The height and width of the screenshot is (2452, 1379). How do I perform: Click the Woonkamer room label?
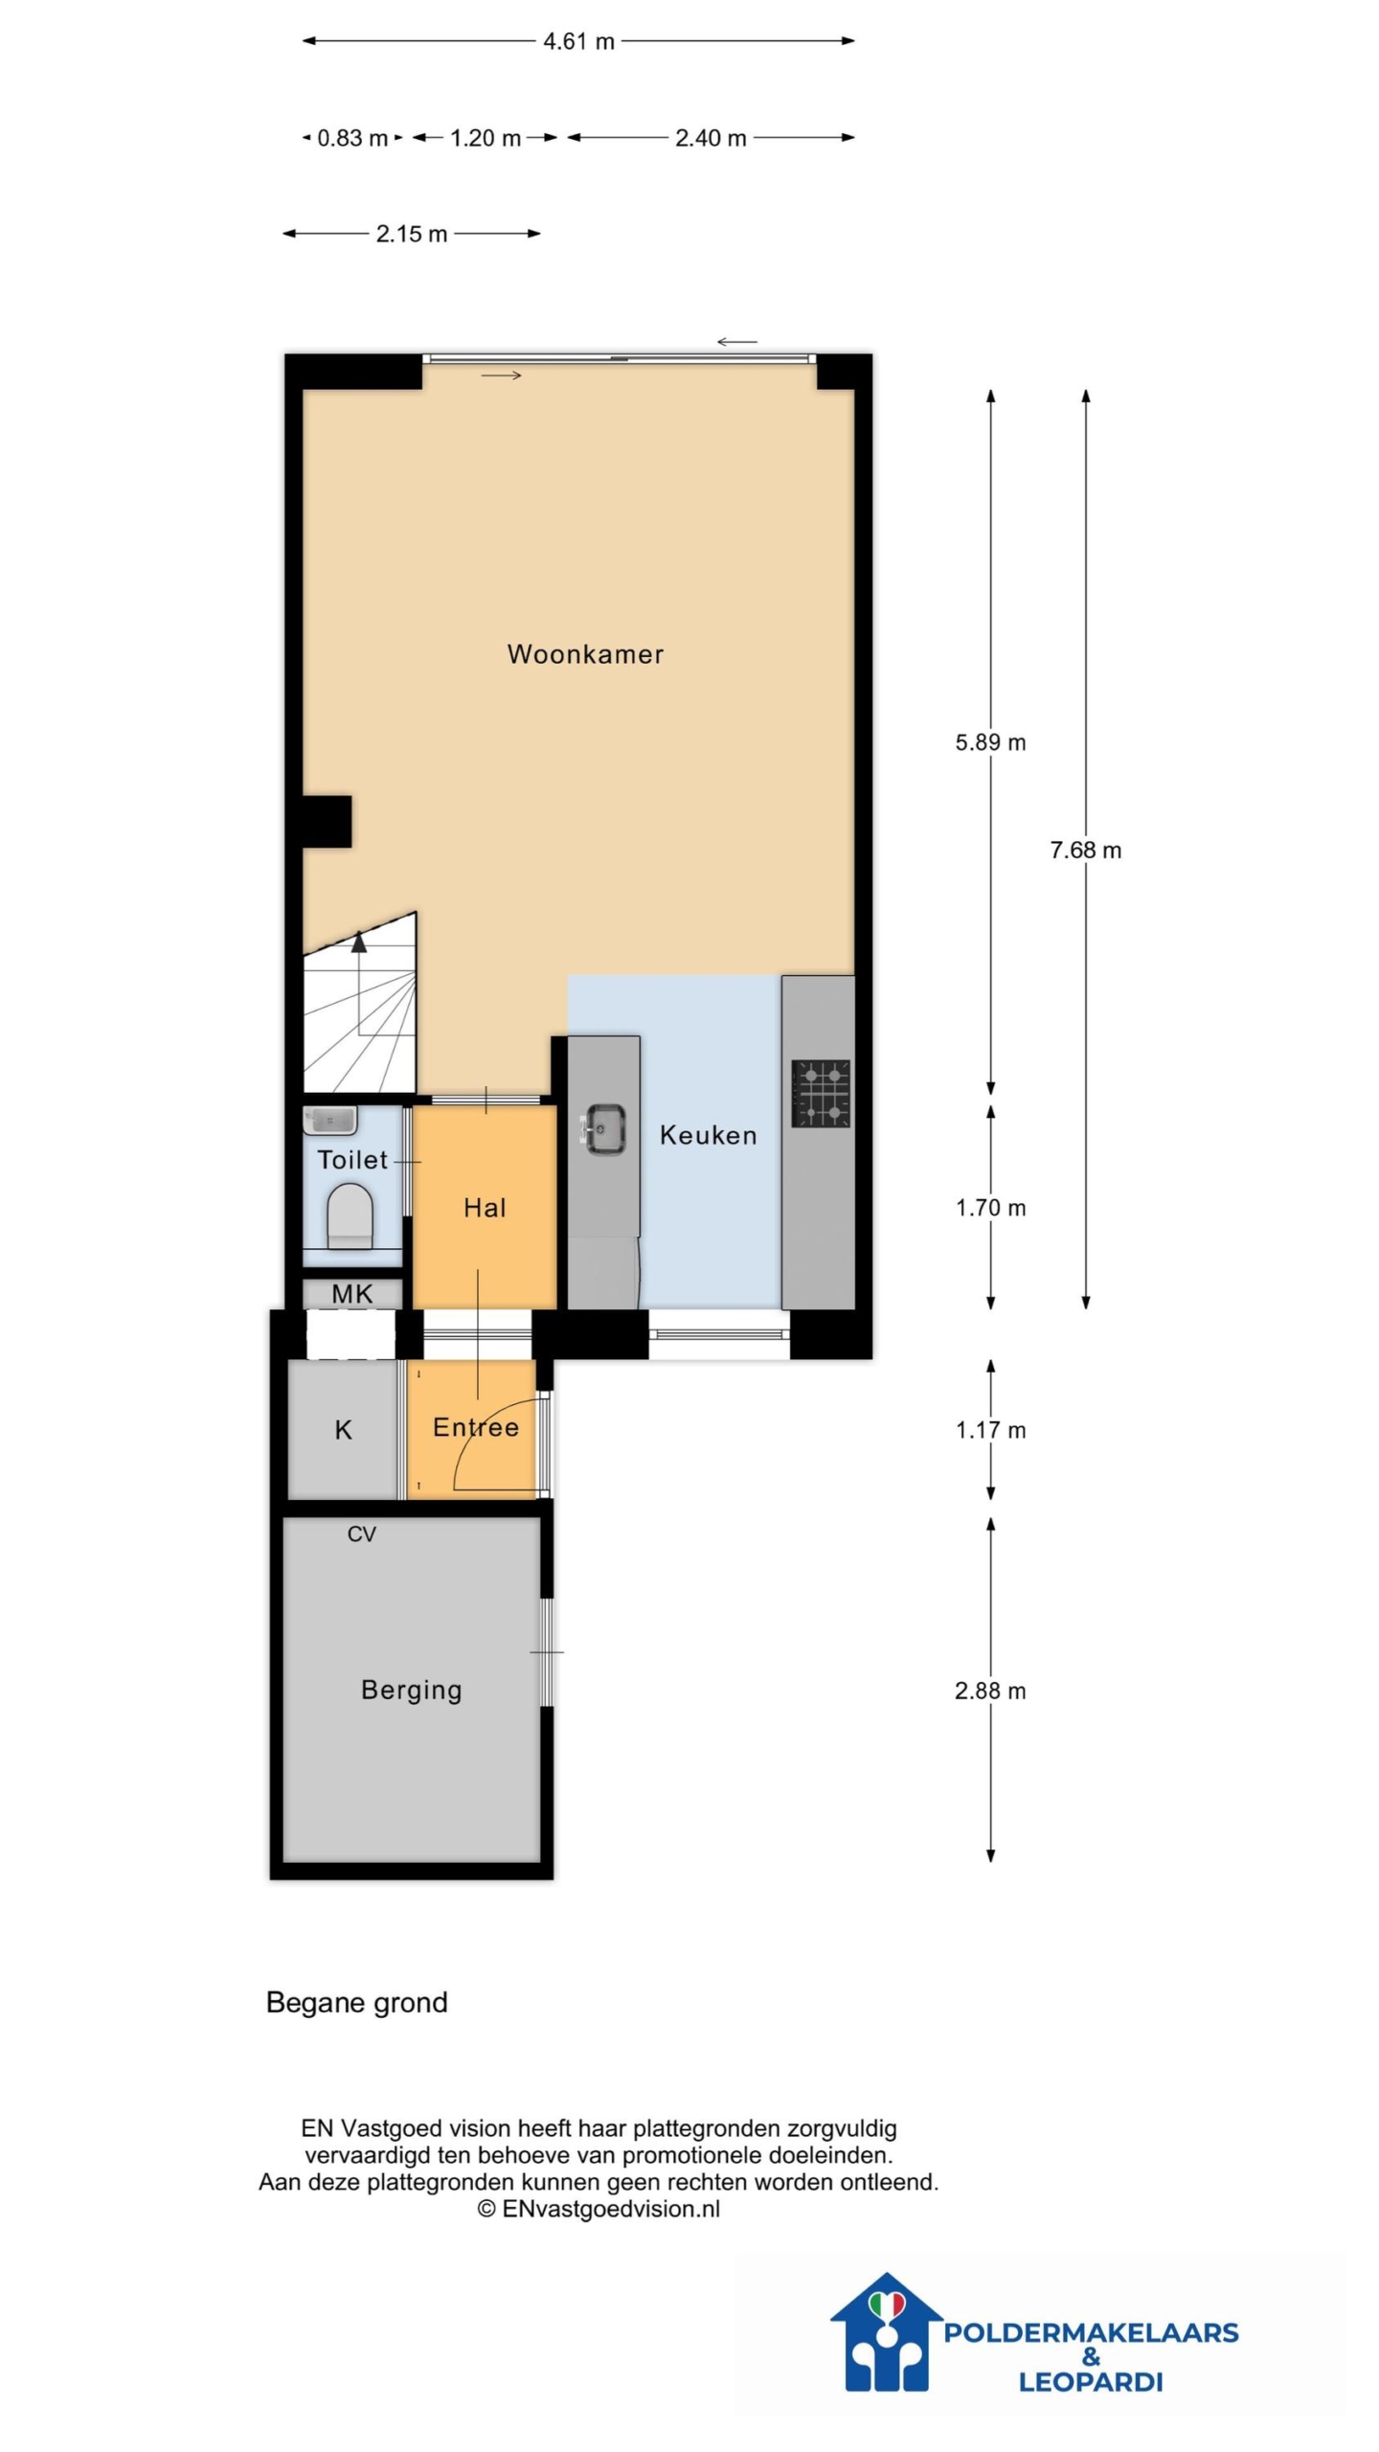(x=585, y=654)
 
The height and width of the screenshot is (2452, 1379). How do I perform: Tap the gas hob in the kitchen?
(x=821, y=1093)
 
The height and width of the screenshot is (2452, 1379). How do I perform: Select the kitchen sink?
(x=603, y=1129)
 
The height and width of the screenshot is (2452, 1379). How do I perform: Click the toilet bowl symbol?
(x=350, y=1215)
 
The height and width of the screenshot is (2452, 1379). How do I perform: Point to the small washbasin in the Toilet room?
(x=330, y=1121)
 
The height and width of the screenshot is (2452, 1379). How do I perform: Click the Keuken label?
(x=709, y=1135)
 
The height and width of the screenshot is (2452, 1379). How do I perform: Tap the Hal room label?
(x=485, y=1208)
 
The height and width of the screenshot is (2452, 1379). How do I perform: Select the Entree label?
(x=476, y=1427)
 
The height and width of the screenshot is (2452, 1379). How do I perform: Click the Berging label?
(x=412, y=1691)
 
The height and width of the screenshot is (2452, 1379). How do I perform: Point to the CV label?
(x=361, y=1534)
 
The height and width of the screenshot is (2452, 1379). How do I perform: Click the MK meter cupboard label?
(x=352, y=1294)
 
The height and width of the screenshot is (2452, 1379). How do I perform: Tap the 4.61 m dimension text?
(x=578, y=41)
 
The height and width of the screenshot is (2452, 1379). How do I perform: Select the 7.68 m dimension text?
(x=1085, y=850)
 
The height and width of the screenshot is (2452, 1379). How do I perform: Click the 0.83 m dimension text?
(x=352, y=138)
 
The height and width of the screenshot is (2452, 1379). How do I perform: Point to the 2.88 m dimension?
(x=990, y=1691)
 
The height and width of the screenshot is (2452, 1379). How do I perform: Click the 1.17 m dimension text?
(x=990, y=1430)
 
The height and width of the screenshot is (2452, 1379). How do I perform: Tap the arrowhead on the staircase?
(x=359, y=942)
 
